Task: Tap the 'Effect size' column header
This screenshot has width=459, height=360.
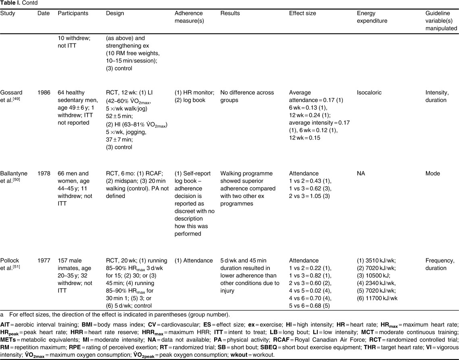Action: pos(303,13)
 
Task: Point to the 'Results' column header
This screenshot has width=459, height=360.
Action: pos(230,13)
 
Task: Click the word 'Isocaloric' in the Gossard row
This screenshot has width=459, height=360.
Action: pos(369,93)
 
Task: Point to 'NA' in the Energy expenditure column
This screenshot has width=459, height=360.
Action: pos(361,173)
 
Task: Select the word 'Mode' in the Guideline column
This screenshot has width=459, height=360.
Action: pos(428,173)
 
